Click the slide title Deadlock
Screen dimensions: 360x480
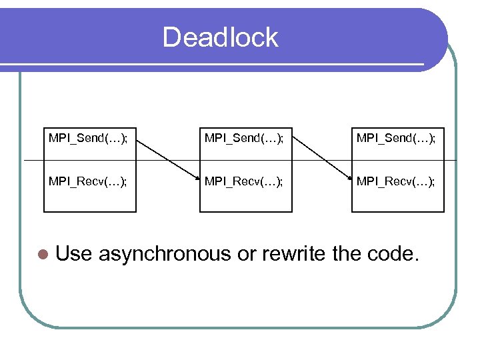point(220,37)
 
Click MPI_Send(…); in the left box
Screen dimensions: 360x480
point(89,138)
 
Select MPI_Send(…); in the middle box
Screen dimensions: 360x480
point(245,138)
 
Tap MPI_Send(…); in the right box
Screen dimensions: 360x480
point(397,138)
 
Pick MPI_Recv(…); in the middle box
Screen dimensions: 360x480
point(245,181)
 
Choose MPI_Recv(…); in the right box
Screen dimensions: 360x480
point(397,181)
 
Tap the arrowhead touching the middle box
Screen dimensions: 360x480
point(197,178)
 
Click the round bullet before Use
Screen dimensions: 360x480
point(43,255)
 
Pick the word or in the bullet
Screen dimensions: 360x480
point(247,254)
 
